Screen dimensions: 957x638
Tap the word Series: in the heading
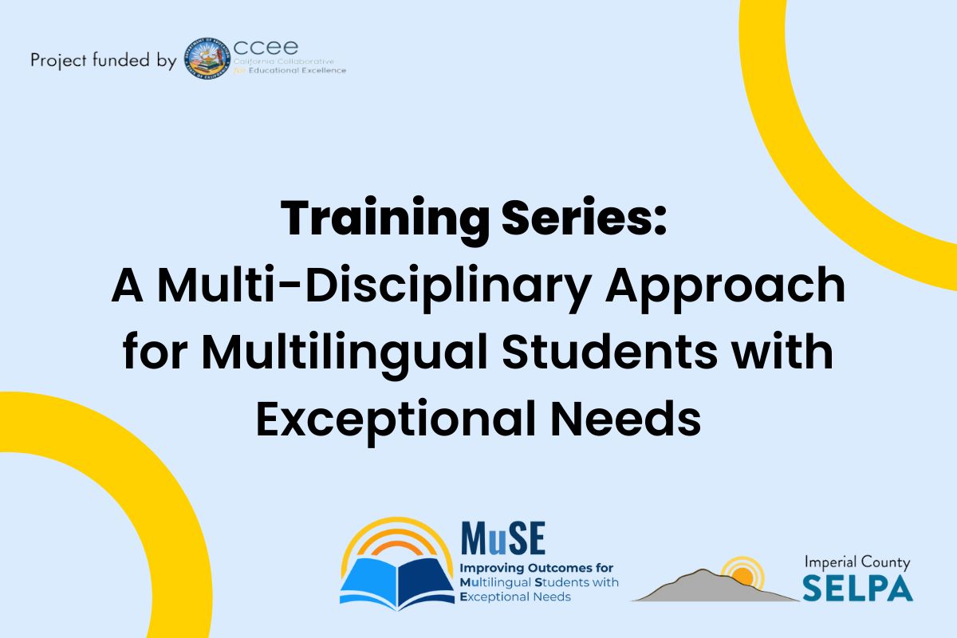coord(584,218)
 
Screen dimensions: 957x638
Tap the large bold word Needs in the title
coord(625,418)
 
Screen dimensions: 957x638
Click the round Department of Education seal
coord(207,58)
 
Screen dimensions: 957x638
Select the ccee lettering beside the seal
coord(266,47)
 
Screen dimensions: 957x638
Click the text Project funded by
coord(104,61)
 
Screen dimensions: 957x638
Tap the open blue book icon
coord(397,582)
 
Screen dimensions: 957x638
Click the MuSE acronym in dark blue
coord(503,538)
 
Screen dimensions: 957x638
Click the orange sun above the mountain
coord(742,576)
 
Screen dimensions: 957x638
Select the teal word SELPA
coord(858,589)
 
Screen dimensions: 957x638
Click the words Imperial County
coord(857,562)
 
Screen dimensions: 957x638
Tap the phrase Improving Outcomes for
coord(536,569)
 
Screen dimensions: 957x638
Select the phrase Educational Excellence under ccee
coord(297,70)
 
